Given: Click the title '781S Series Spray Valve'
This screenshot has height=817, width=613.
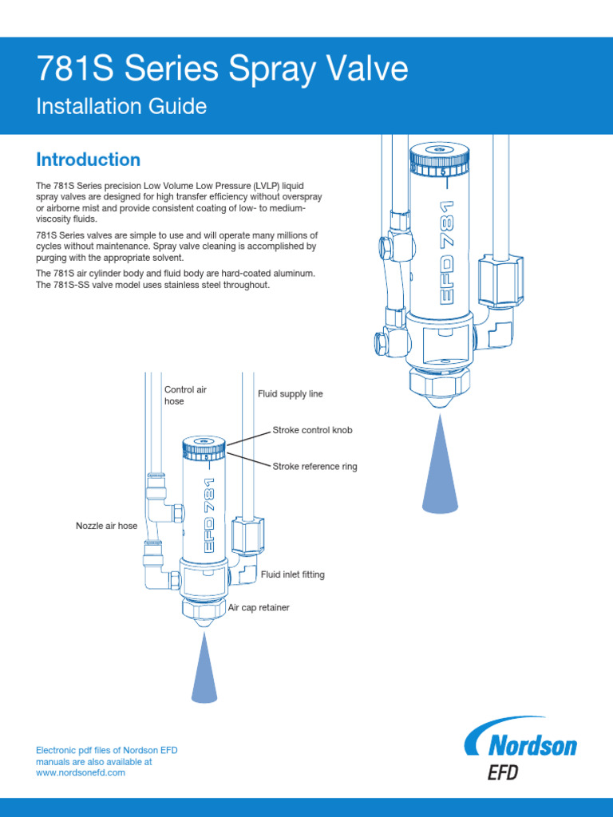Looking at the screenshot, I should pyautogui.click(x=222, y=70).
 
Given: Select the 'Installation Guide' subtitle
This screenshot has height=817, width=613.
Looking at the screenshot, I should pyautogui.click(x=121, y=106).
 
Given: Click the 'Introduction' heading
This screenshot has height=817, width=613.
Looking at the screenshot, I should pyautogui.click(x=89, y=160).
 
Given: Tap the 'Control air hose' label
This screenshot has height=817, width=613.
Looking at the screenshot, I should pyautogui.click(x=185, y=395).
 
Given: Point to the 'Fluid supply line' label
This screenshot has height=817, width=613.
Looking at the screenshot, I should pyautogui.click(x=290, y=394).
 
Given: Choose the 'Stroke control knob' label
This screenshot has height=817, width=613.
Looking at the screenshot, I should pyautogui.click(x=312, y=430).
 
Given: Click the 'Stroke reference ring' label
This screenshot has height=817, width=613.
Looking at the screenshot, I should pyautogui.click(x=314, y=467).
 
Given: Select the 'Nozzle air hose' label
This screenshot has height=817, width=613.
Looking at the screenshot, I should pyautogui.click(x=106, y=526).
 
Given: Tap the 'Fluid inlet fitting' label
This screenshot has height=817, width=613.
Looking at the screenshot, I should pyautogui.click(x=292, y=574).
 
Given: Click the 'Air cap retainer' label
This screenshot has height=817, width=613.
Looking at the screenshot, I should pyautogui.click(x=259, y=608).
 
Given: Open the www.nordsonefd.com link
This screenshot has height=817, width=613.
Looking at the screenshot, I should pyautogui.click(x=81, y=772).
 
